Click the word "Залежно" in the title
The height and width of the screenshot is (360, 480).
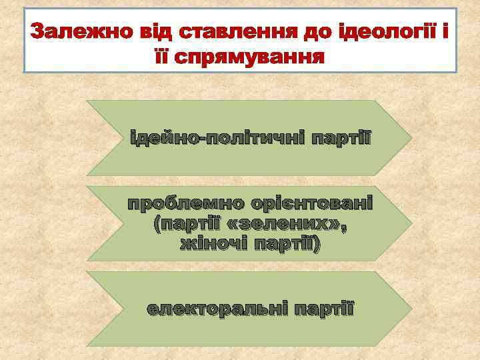coord(69,31)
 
